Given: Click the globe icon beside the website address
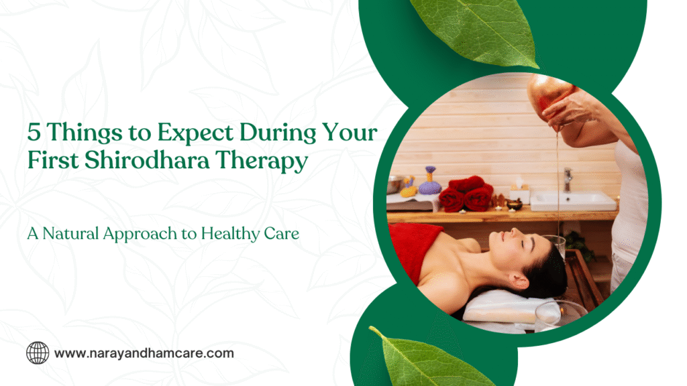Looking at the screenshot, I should (38, 352).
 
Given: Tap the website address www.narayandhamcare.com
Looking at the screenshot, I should (144, 352).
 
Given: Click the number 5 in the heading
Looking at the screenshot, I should (33, 132).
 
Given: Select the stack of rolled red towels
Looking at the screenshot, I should (467, 194).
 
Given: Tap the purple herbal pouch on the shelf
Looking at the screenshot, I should (429, 182).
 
